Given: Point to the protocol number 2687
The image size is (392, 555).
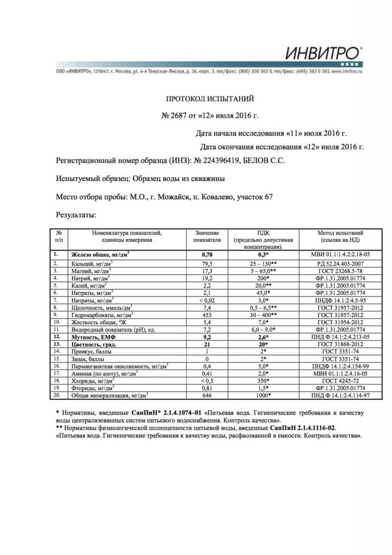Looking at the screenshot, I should (x=179, y=115).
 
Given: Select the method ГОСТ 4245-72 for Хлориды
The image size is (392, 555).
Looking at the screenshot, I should (x=339, y=380).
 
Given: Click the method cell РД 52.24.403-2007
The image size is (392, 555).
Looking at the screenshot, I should (x=339, y=263).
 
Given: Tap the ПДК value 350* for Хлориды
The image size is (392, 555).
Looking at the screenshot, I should (x=263, y=380).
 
